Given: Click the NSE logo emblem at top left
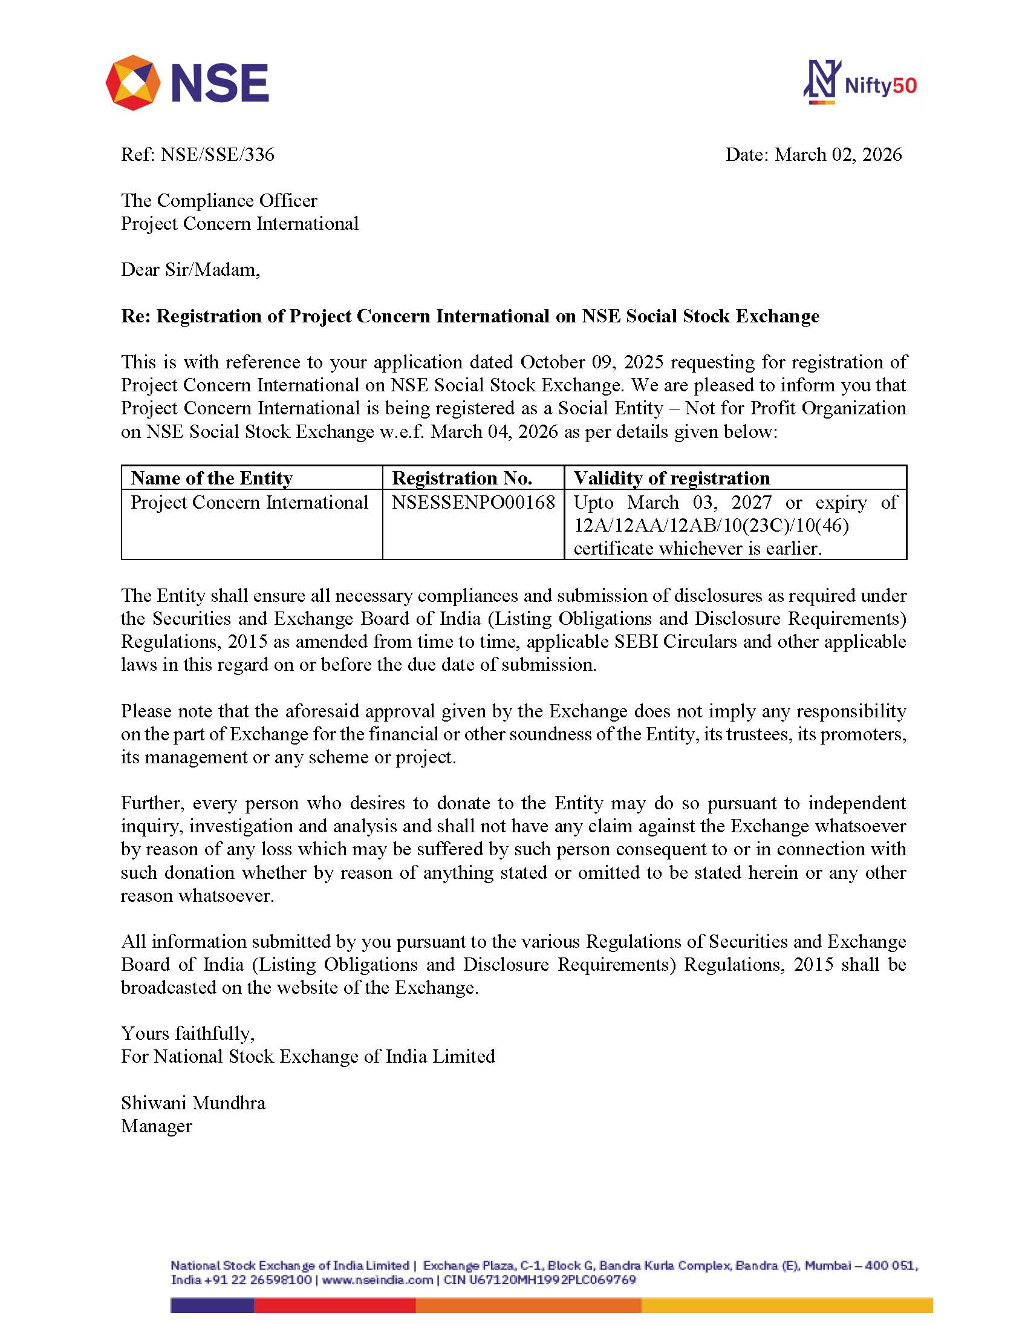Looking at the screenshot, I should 133,82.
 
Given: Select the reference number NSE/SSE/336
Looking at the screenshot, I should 217,155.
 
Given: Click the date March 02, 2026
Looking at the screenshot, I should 838,155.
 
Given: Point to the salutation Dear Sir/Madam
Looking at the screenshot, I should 190,270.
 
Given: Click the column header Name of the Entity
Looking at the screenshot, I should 212,478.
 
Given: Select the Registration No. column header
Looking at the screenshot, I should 462,478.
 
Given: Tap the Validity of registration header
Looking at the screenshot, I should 672,478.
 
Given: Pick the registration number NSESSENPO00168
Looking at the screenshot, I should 473,503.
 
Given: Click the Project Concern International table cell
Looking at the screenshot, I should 249,503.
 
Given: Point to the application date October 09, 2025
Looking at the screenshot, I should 591,362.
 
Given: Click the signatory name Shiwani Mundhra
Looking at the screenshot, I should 193,1103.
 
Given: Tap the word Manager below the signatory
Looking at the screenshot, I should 157,1126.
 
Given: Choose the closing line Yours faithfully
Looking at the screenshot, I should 188,1033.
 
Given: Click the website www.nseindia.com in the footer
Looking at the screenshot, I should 377,1280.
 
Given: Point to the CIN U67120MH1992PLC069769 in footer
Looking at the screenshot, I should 539,1280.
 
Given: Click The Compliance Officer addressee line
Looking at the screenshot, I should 219,201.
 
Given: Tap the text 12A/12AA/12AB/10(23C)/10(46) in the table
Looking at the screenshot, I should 711,526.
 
